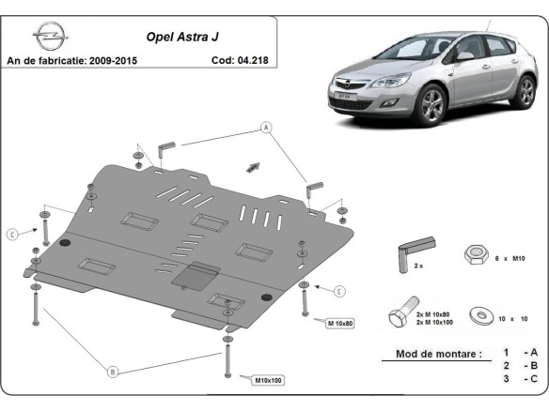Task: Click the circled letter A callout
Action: tap(266, 127)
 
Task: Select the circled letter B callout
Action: tap(113, 373)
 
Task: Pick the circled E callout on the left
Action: tap(12, 234)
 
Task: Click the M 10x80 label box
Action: tap(340, 323)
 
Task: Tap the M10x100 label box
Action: tap(267, 380)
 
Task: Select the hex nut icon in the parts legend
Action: tap(475, 255)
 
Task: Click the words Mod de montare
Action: tap(432, 355)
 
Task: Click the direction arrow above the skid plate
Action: tap(252, 166)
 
